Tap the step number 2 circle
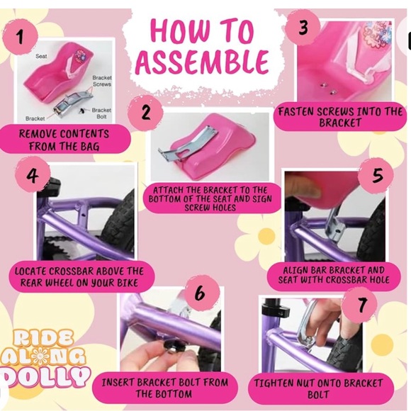(x=146, y=113)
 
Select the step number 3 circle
(x=303, y=28)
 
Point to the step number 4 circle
(x=33, y=174)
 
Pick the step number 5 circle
(x=378, y=175)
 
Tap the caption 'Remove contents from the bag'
(x=64, y=140)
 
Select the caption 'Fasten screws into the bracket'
(x=340, y=117)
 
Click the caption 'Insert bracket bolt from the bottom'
(x=164, y=388)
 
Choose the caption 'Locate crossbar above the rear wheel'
(x=79, y=277)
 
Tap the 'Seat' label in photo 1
(x=41, y=55)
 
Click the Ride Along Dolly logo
(x=46, y=356)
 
